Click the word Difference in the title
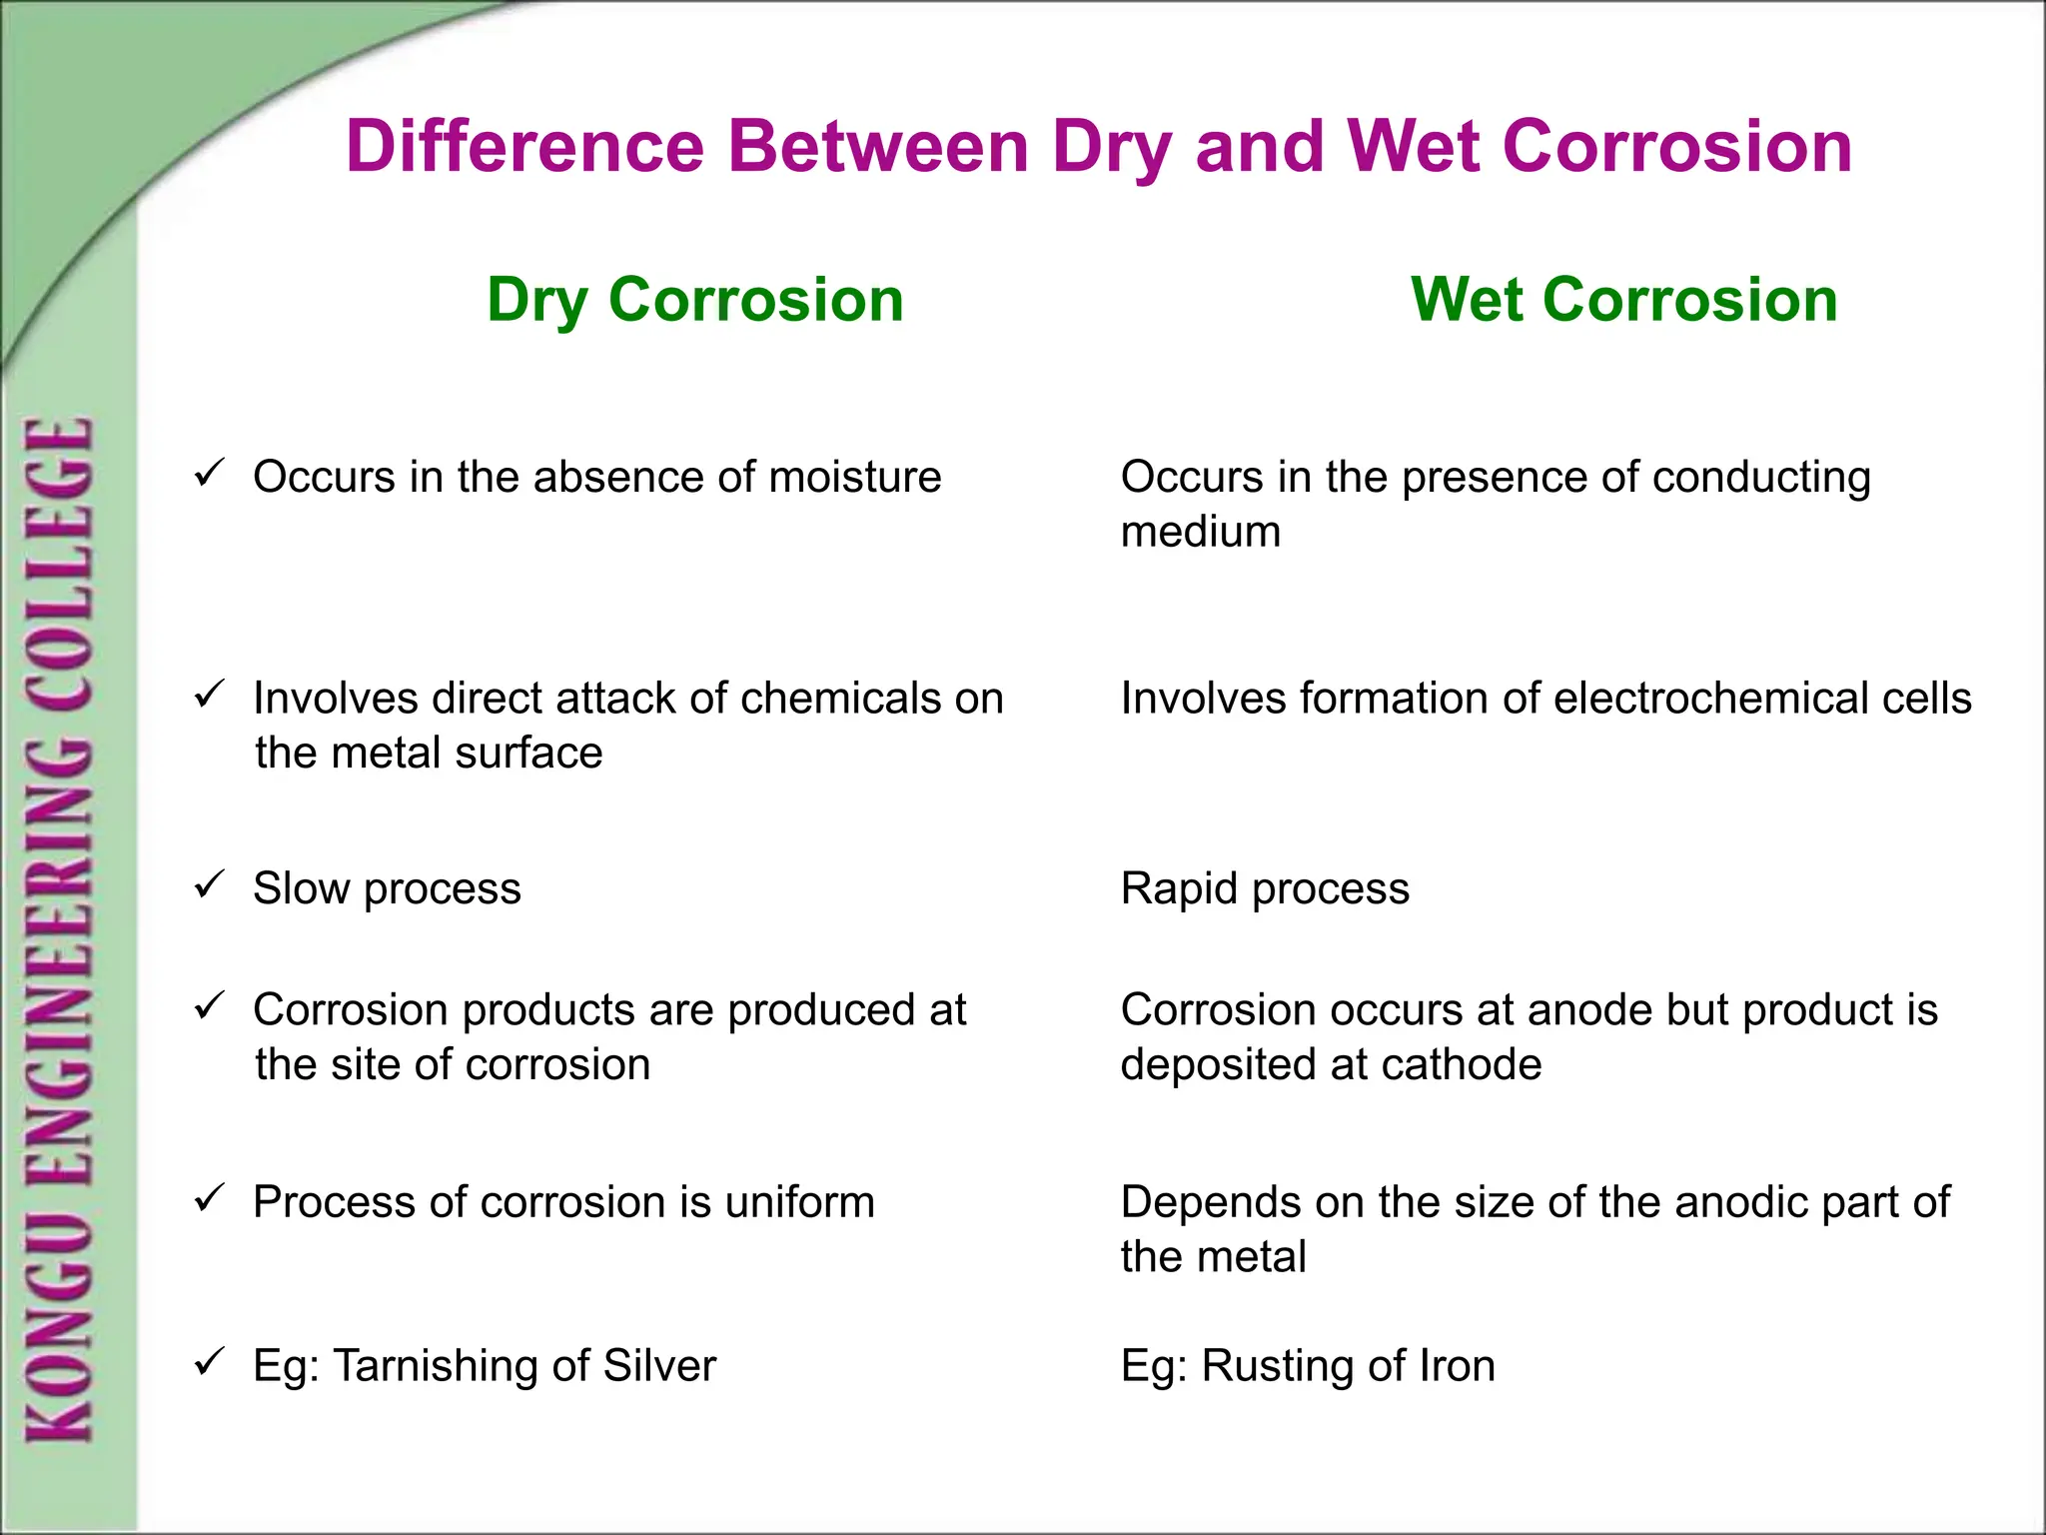[525, 147]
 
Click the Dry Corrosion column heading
[695, 300]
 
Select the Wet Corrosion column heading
[1623, 300]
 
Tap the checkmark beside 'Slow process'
[210, 883]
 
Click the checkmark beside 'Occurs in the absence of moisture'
[210, 472]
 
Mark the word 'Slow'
[301, 888]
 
